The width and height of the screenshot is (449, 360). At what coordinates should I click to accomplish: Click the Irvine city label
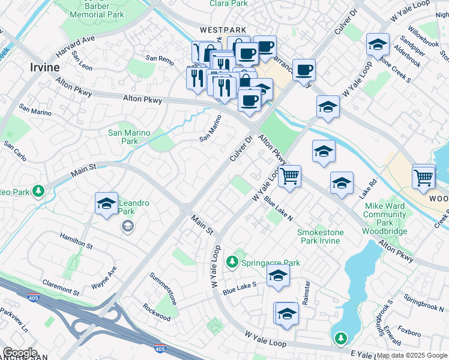click(44, 67)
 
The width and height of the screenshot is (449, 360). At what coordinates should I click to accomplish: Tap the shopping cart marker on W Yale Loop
click(289, 176)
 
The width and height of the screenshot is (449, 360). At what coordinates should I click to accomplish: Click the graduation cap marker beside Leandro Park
click(106, 204)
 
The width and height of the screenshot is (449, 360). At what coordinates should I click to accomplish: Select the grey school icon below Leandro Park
click(127, 226)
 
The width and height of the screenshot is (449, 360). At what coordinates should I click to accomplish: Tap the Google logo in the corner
click(20, 353)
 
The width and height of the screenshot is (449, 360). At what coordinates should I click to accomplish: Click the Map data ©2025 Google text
click(411, 355)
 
